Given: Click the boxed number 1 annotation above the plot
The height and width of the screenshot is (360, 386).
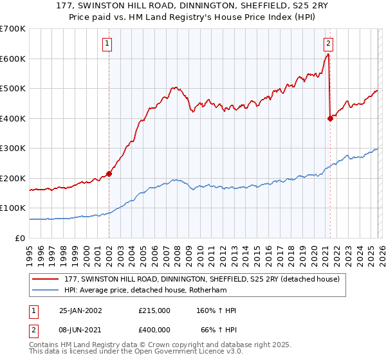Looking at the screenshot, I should point(107,44).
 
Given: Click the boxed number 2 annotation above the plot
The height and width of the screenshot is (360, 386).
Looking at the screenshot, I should point(328,44).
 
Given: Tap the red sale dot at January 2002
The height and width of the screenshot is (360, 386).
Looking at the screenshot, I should point(109,174).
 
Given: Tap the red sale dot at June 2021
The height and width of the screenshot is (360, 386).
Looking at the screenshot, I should point(330,118).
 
